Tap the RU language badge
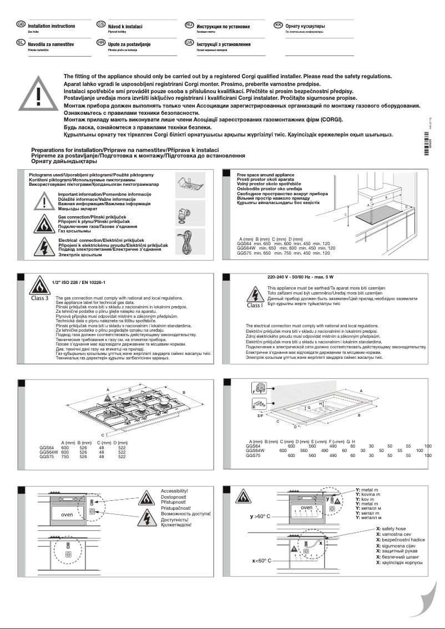coord(189,25)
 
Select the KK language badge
coord(279,25)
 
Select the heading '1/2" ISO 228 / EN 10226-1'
coord(78,283)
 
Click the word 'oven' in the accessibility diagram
coord(67,515)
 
